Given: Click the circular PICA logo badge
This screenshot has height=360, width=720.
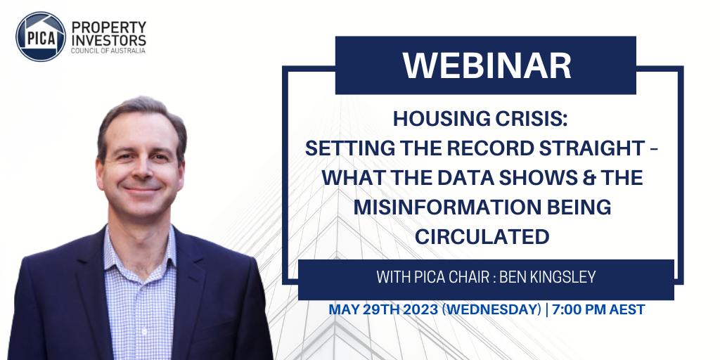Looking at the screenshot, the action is pyautogui.click(x=41, y=37).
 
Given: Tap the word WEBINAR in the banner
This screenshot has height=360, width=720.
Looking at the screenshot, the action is pyautogui.click(x=487, y=66).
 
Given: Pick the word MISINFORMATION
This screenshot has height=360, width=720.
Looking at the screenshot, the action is pyautogui.click(x=440, y=207).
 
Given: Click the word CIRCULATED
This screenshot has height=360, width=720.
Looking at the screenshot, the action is pyautogui.click(x=482, y=237).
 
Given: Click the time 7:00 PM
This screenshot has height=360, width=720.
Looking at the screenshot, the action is pyautogui.click(x=580, y=310).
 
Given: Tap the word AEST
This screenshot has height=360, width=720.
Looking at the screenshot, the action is pyautogui.click(x=628, y=310).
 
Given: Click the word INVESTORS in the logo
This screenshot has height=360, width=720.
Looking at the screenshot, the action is pyautogui.click(x=109, y=39).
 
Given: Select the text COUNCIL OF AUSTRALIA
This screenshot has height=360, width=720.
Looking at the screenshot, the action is pyautogui.click(x=108, y=51).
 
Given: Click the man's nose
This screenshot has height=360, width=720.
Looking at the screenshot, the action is pyautogui.click(x=142, y=170).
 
